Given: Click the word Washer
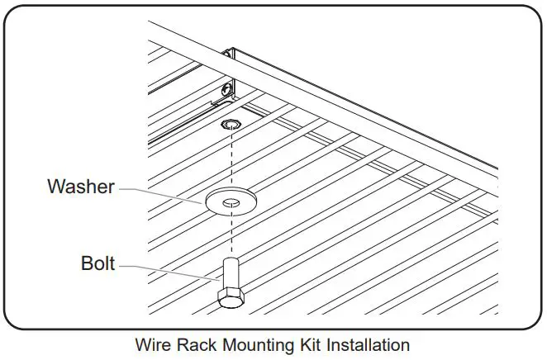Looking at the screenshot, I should click(80, 187).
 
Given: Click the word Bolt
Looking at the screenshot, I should click(98, 265).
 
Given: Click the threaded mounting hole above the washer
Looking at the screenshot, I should click(230, 126).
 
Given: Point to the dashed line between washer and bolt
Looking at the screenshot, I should click(230, 235).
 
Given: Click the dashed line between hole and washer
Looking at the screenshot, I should click(230, 161).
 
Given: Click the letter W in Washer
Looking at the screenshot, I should click(55, 187).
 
